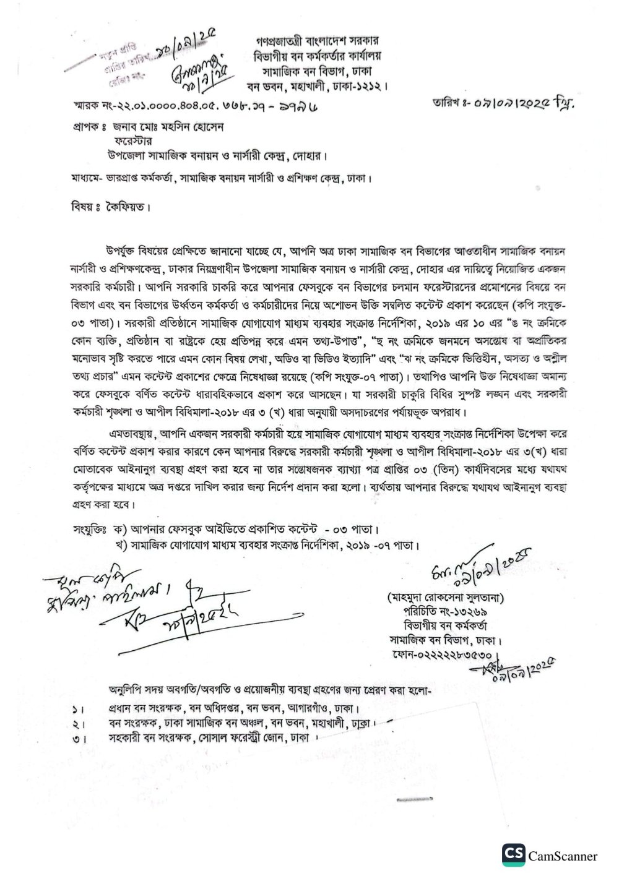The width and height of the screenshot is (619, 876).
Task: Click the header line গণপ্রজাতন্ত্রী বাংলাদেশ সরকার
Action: [x=326, y=41]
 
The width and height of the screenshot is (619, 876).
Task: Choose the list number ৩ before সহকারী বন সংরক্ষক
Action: [x=75, y=739]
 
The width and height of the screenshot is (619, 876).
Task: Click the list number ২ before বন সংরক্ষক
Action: [x=75, y=724]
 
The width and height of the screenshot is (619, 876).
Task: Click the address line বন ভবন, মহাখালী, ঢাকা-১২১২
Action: [x=326, y=84]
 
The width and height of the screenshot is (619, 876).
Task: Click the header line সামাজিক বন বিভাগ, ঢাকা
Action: [x=326, y=69]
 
